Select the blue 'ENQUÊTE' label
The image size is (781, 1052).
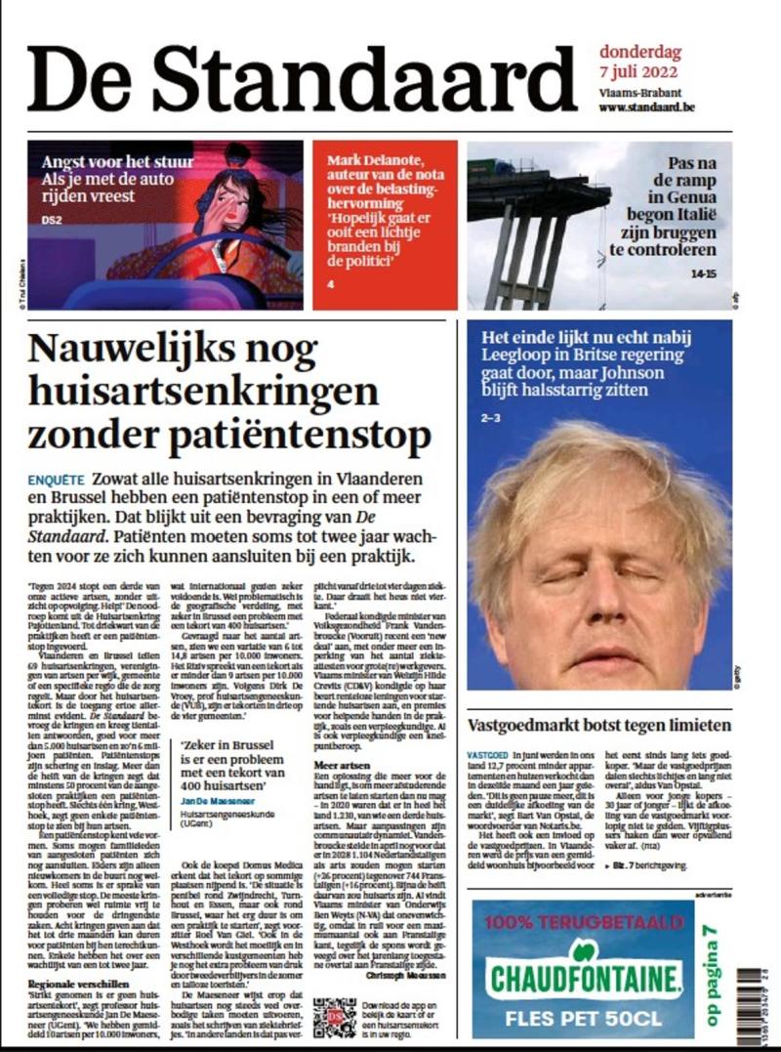(56, 482)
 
